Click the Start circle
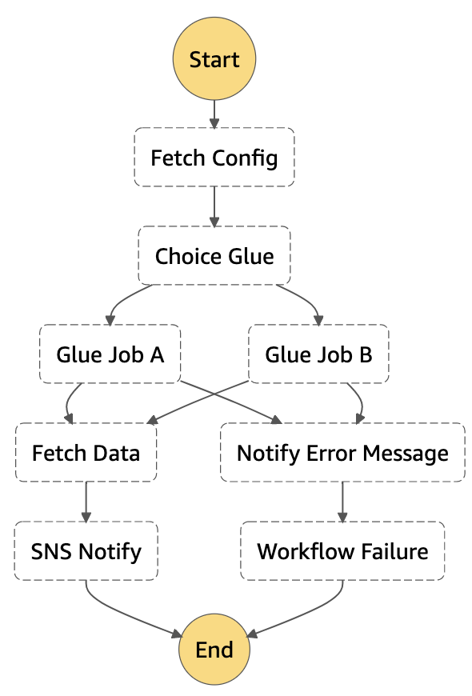coord(214,59)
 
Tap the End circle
coord(214,648)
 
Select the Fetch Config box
coord(214,157)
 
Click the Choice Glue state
coord(214,256)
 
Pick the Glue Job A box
coord(110,354)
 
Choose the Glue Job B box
coord(318,354)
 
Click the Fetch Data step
coord(86,453)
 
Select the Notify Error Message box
coord(342,453)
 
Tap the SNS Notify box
coord(86,550)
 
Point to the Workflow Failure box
coord(342,550)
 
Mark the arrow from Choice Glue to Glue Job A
coord(120,302)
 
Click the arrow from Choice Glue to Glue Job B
coord(309,302)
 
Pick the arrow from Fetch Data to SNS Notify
coord(86,502)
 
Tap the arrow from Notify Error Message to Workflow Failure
coord(342,502)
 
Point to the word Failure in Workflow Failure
coord(392,551)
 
